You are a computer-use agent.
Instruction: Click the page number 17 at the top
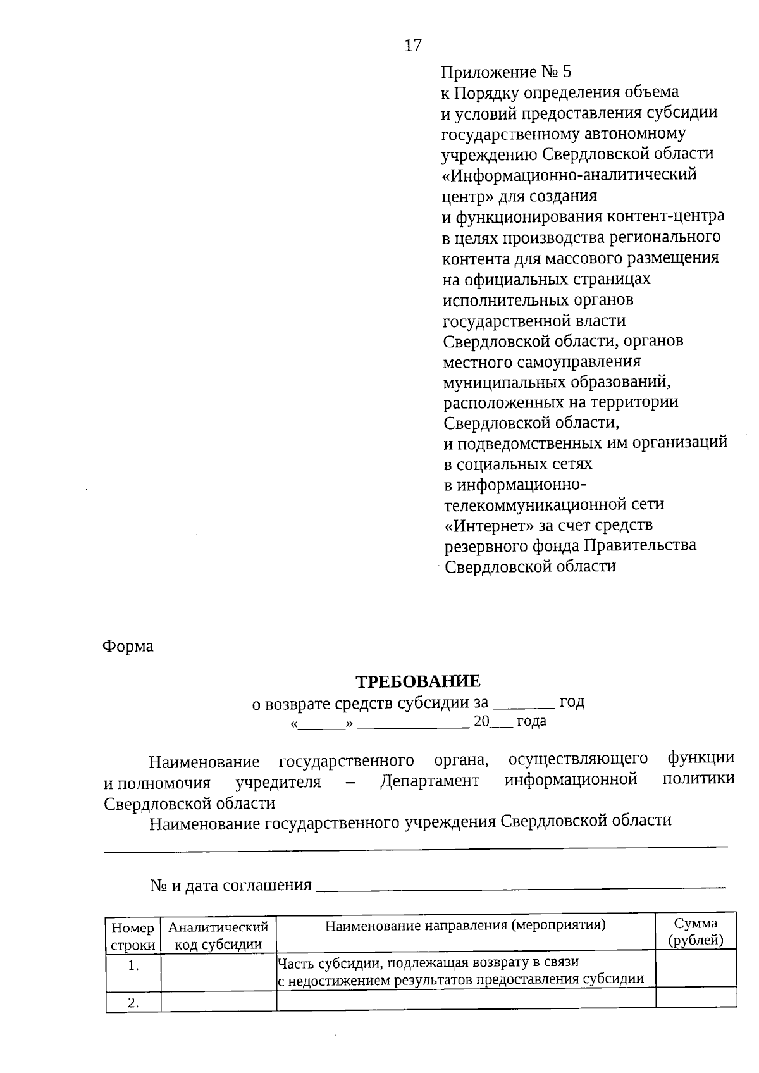pos(412,46)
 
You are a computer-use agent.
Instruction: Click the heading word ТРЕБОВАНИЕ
pos(417,681)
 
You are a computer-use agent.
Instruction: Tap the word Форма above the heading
pos(128,647)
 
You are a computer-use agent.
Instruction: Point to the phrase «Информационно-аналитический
pos(569,174)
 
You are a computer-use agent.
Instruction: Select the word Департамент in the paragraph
pos(429,781)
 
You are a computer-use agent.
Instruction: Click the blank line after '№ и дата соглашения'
pos(520,886)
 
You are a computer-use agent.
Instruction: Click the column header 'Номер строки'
pos(133,936)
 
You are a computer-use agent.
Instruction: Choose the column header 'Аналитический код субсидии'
pos(218,936)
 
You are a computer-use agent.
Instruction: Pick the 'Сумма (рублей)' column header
pos(696,932)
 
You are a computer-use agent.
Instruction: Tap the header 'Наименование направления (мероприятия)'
pos(466,926)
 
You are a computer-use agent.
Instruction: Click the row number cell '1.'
pos(133,966)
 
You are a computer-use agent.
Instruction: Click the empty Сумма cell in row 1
pos(696,971)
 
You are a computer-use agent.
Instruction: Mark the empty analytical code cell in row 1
pos(218,972)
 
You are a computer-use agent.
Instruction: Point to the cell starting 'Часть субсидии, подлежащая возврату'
pos(460,971)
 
